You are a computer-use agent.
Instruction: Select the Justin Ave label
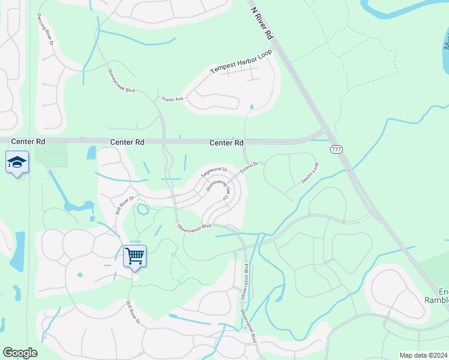coord(171,98)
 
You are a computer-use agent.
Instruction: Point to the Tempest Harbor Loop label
coord(241,62)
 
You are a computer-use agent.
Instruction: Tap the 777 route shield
coord(336,149)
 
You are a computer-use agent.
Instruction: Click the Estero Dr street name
coord(249,168)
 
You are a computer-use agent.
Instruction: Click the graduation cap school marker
coord(17,162)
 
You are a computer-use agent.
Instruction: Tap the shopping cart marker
coord(134,256)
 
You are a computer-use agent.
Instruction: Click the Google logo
coord(20,353)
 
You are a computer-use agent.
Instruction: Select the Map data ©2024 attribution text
coord(423,355)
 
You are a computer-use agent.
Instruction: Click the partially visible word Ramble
coord(436,300)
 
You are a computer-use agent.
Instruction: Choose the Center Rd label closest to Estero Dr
coord(226,143)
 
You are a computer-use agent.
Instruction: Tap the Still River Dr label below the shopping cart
coord(133,313)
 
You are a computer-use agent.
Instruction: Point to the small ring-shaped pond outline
coord(143,210)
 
